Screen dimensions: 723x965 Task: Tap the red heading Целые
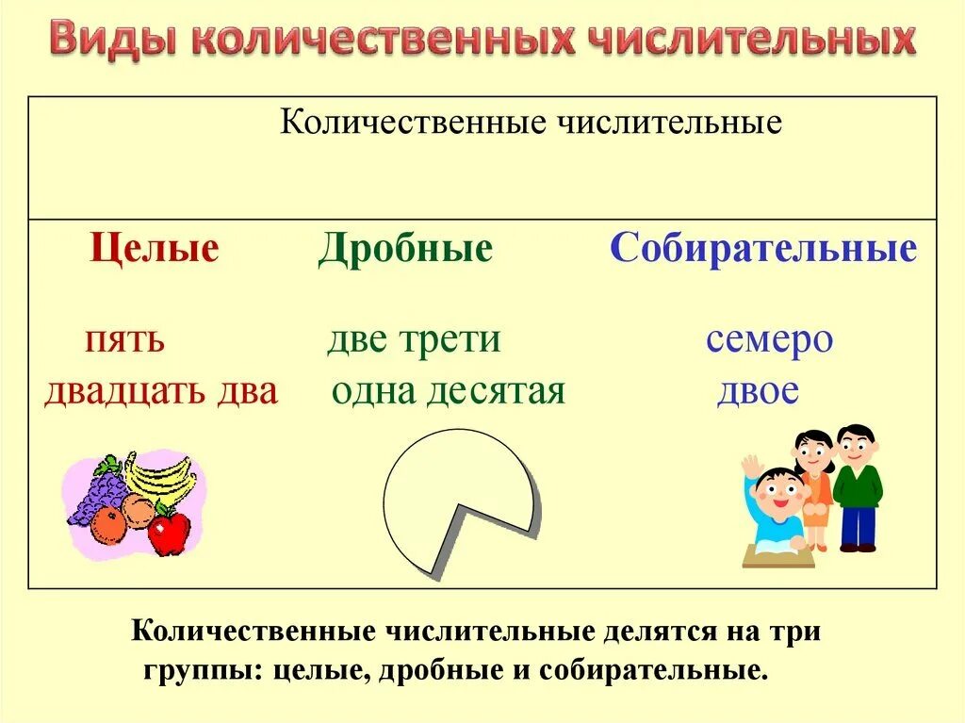click(x=155, y=249)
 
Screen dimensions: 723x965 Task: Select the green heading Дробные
click(x=405, y=249)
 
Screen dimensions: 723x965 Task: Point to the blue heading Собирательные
click(x=763, y=249)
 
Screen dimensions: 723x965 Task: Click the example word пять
click(x=124, y=339)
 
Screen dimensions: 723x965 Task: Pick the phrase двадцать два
click(x=161, y=390)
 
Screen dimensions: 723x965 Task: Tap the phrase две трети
click(x=414, y=339)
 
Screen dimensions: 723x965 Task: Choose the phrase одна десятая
click(x=448, y=390)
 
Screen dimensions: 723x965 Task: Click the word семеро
click(x=769, y=339)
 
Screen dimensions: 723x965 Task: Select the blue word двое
click(x=758, y=390)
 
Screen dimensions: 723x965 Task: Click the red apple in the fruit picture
click(x=170, y=533)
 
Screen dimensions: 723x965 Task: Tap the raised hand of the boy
click(x=751, y=467)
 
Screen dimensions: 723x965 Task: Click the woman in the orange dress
click(x=813, y=485)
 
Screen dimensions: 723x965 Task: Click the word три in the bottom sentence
click(x=797, y=632)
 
